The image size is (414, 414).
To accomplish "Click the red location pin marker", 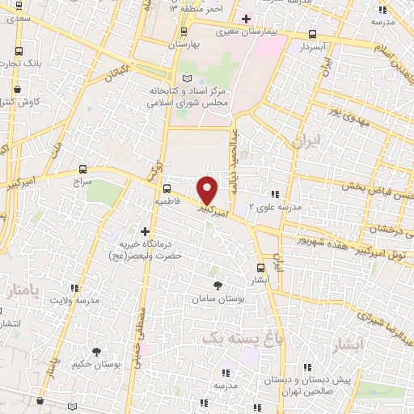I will point(208,191).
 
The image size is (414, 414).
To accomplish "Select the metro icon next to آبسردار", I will point(313,35).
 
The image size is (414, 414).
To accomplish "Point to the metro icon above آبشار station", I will point(260,268).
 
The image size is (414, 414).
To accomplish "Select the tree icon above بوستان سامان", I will point(218,285).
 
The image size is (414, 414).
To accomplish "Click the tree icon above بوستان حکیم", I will point(97,352).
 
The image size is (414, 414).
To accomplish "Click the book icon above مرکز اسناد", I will point(188,78).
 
